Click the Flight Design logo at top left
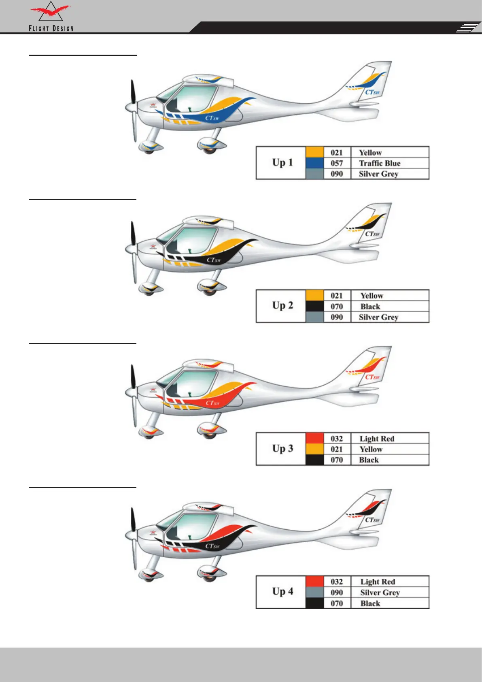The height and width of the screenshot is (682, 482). click(51, 17)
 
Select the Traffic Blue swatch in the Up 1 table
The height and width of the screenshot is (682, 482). click(314, 163)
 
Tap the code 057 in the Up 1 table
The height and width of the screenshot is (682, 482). click(337, 163)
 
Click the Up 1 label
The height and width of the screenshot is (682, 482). click(282, 163)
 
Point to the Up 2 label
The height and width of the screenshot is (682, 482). click(282, 306)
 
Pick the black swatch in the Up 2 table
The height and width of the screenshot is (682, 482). click(314, 306)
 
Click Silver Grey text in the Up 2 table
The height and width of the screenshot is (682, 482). click(378, 317)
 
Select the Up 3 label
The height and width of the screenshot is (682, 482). click(282, 449)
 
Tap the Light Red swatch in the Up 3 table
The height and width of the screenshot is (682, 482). click(314, 438)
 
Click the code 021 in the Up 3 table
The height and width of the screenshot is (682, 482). click(337, 449)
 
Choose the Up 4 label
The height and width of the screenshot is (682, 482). click(282, 592)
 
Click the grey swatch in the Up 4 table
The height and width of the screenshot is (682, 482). click(314, 592)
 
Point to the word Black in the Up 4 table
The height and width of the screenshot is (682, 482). click(370, 603)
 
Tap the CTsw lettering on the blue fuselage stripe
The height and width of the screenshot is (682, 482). click(212, 118)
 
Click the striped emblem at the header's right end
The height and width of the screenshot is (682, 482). click(467, 28)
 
